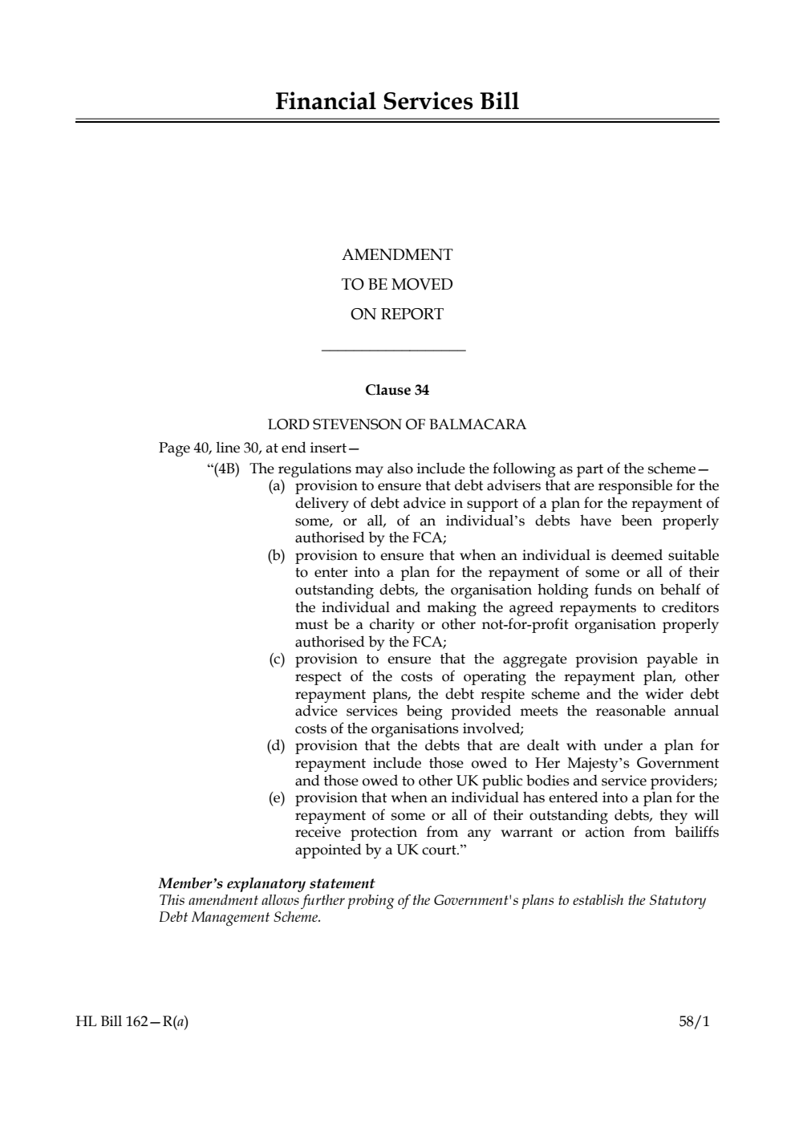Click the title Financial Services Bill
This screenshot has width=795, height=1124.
point(397,102)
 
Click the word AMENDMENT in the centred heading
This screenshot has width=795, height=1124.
point(397,255)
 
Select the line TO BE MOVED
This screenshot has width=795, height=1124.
point(397,285)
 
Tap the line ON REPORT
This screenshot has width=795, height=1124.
point(397,314)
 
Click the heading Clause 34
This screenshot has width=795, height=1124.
point(397,391)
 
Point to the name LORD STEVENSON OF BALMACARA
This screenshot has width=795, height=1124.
point(397,424)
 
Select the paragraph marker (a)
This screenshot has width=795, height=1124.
point(276,486)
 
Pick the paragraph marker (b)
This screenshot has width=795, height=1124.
point(276,555)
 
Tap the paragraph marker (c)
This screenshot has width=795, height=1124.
point(276,659)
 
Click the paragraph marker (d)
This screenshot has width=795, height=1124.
point(276,746)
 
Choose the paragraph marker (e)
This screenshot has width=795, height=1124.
point(276,798)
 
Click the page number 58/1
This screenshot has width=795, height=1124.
point(694,1022)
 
